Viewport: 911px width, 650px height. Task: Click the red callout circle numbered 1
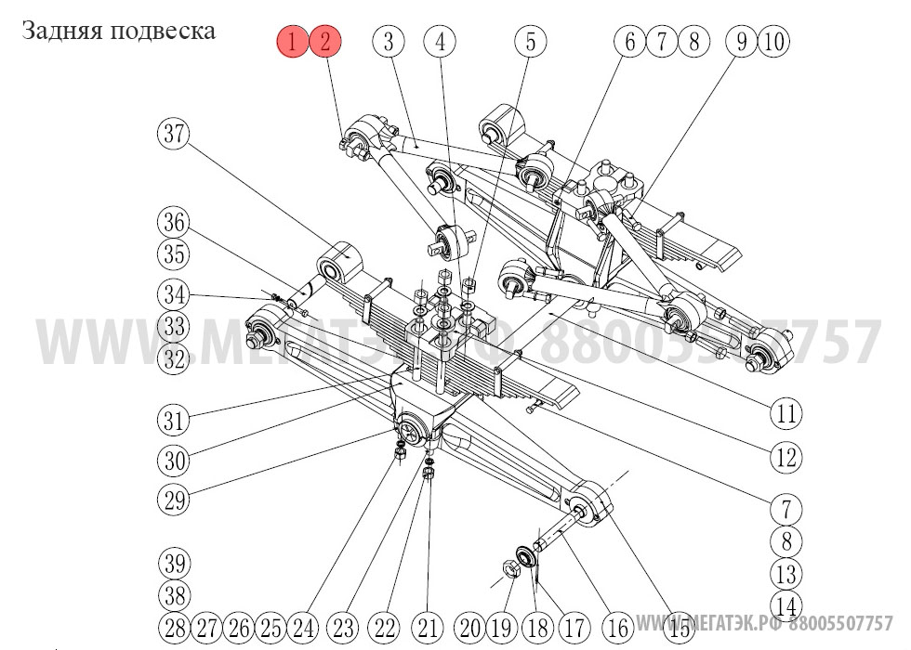point(293,42)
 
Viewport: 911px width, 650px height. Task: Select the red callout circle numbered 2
point(325,42)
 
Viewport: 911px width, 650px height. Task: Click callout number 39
point(173,564)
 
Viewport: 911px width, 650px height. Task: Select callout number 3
point(389,42)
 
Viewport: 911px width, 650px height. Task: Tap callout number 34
point(173,296)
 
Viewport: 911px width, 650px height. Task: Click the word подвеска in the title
point(163,31)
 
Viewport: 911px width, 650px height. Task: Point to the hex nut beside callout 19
point(510,567)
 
